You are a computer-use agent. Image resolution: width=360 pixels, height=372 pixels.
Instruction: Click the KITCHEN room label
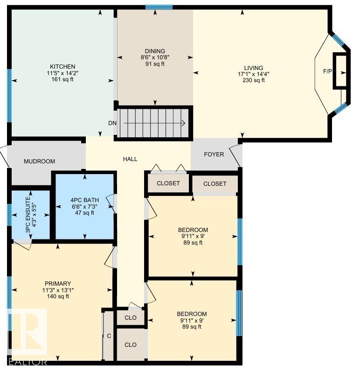[x=62, y=67]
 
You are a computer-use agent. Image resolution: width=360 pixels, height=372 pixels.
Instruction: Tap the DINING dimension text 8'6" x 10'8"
[x=155, y=57]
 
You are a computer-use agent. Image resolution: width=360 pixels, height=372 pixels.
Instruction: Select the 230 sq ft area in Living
[x=254, y=80]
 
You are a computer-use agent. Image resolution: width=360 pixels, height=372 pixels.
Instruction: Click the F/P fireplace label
[x=327, y=71]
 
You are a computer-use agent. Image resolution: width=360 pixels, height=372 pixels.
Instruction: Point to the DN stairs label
[x=112, y=123]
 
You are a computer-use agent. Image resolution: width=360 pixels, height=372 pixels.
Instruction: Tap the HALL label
[x=130, y=159]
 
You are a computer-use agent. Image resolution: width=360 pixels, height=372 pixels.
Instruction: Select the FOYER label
[x=214, y=154]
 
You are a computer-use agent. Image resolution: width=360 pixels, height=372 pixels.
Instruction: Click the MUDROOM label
[x=39, y=161]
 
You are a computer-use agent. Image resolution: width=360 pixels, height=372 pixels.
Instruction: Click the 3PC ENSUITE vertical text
[x=28, y=215]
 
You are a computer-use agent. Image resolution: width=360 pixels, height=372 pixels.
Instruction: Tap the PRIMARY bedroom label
[x=58, y=283]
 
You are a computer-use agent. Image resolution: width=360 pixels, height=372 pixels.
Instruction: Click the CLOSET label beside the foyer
[x=215, y=184]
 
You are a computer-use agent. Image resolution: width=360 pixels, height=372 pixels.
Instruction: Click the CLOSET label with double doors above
[x=168, y=183]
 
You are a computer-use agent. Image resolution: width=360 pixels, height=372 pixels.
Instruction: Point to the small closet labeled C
[x=109, y=336]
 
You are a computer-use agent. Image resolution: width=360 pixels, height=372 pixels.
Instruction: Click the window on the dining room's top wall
[x=159, y=7]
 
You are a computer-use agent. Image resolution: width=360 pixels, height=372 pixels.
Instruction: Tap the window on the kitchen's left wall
[x=9, y=96]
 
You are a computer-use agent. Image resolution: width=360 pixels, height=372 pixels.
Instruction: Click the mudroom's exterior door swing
[x=5, y=157]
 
